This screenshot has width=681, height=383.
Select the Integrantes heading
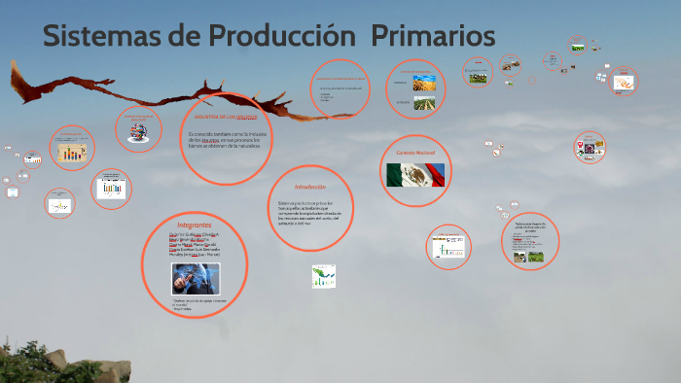pos(195,224)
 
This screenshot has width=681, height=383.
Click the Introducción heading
pos(309,185)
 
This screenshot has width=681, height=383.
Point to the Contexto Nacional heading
pos(415,153)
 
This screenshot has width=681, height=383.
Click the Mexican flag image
pos(415,175)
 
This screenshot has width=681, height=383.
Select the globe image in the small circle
pos(137,132)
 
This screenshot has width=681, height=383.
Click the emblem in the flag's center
pos(415,175)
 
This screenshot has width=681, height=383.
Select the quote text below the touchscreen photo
pos(199,304)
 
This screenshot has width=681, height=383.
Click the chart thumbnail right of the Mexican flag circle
pos(448,248)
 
